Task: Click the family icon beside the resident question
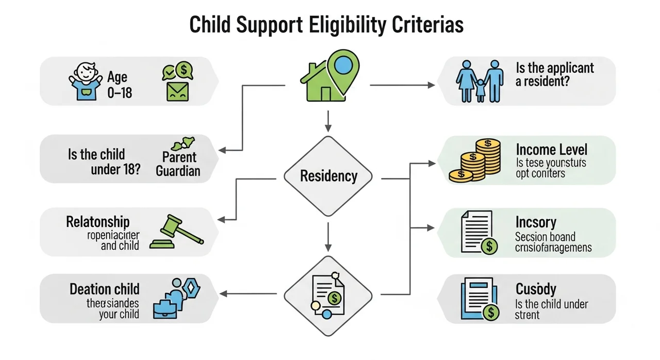pyautogui.click(x=480, y=81)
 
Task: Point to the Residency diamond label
pyautogui.click(x=328, y=176)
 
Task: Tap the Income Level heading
pyautogui.click(x=551, y=150)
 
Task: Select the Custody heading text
pyautogui.click(x=536, y=289)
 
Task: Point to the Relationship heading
pyautogui.click(x=98, y=222)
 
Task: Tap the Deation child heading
pyautogui.click(x=105, y=289)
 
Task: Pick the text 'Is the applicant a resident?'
pyautogui.click(x=554, y=74)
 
